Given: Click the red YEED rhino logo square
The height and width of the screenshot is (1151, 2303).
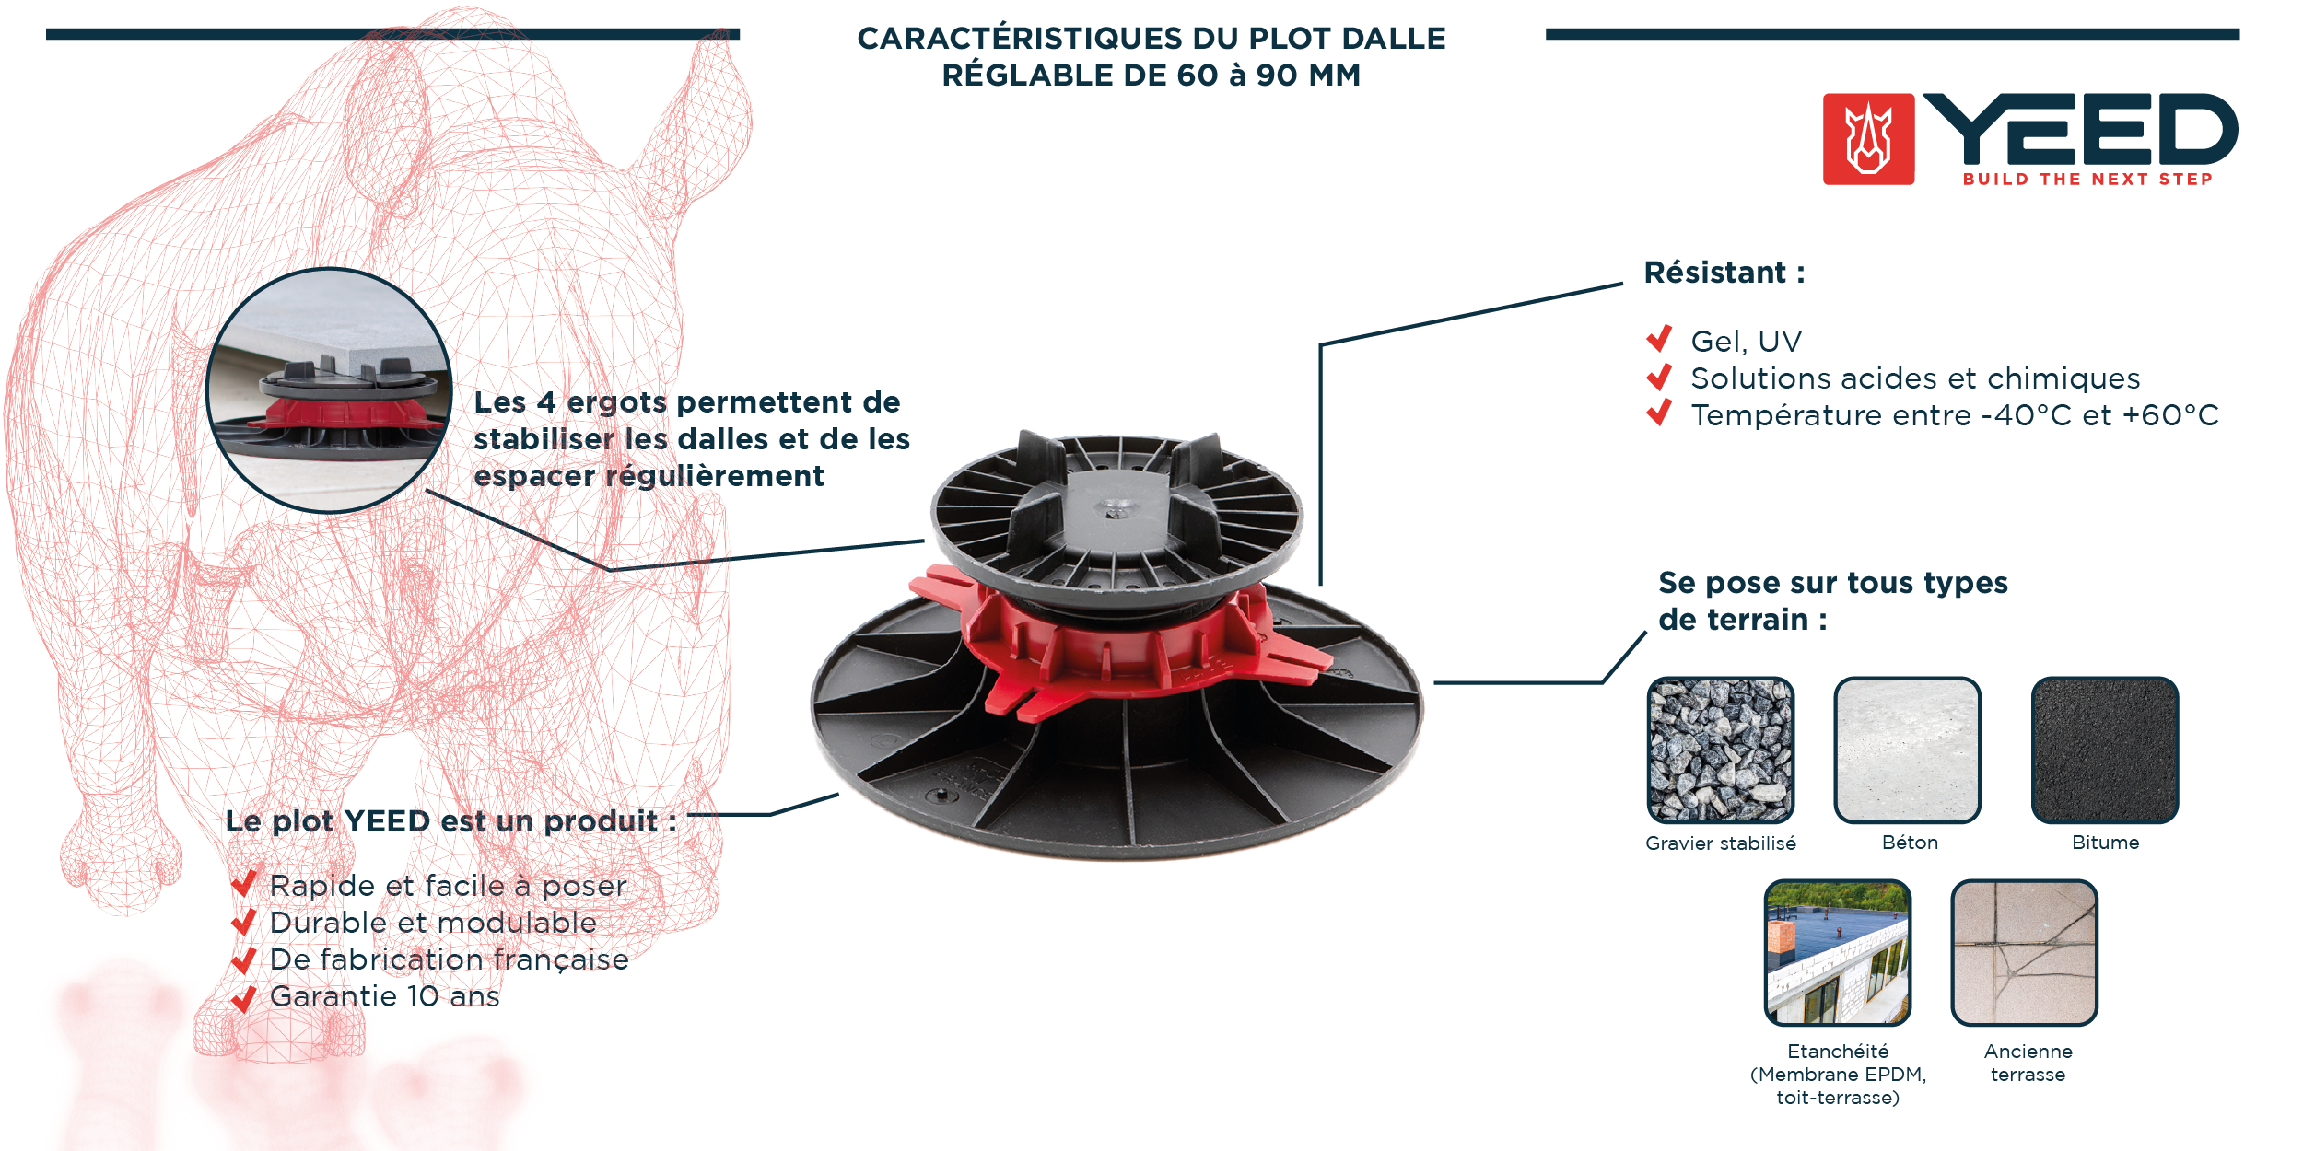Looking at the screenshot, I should [1868, 139].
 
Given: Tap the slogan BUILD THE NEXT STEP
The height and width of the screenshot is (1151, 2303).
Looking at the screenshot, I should [2087, 180].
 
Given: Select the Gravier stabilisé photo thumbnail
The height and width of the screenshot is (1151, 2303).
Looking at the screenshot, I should [1720, 750].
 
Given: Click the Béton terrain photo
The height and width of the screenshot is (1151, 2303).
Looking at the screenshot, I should [1907, 750].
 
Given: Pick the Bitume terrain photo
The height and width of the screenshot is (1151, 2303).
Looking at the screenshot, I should [2105, 750].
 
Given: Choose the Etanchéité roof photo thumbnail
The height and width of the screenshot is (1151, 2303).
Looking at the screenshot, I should [1838, 953].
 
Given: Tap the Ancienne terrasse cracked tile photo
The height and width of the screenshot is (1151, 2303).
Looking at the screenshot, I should [2024, 953].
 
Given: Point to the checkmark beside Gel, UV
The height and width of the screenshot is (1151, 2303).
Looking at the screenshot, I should [1659, 339].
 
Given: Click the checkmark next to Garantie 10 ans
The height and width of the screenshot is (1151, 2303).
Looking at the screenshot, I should [243, 997].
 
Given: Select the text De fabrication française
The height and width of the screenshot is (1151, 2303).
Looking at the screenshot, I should [449, 959].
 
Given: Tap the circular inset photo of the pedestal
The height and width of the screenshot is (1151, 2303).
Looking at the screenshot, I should [329, 390].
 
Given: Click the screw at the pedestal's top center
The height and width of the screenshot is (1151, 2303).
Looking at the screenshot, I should [1118, 506].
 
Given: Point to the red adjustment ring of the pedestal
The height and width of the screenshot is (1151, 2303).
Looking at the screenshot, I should [1105, 645].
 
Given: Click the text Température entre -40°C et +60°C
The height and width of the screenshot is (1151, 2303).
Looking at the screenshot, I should [1955, 415].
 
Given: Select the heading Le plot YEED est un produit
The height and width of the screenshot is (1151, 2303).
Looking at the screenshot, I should [450, 821].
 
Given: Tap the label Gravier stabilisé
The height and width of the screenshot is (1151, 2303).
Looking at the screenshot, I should [1720, 843].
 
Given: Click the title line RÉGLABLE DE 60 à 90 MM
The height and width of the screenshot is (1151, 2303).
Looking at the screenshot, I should [1151, 76].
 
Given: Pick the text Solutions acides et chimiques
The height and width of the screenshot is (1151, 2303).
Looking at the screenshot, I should [1915, 378].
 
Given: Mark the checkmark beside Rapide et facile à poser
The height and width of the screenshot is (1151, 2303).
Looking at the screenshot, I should [243, 884].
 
